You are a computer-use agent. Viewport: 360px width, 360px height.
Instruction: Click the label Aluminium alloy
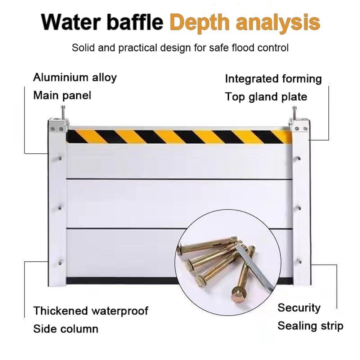coord(75,77)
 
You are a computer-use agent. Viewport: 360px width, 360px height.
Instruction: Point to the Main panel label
coord(62,95)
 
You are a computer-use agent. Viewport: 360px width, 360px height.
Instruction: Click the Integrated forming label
coord(273,79)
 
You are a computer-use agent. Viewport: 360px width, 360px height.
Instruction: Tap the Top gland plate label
coord(266,97)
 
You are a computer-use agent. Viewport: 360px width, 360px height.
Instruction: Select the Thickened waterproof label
coord(91,311)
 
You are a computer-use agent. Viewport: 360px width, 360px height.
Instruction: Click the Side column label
coord(66,328)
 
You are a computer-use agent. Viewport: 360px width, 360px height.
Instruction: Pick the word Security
coord(299,308)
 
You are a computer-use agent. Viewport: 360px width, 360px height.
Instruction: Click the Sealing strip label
coord(310,326)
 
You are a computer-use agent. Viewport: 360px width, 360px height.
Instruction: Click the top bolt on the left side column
coord(60,158)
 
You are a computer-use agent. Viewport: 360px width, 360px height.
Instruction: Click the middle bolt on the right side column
coord(298,207)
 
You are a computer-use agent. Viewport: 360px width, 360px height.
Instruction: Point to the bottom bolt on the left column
coord(60,262)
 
